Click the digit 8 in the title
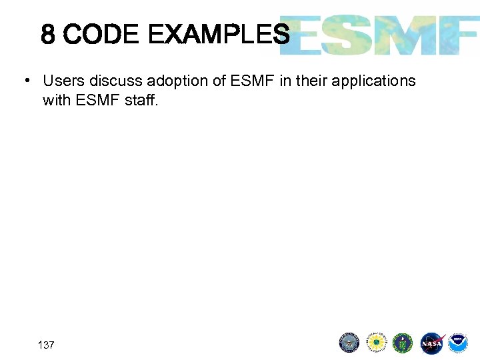click(47, 34)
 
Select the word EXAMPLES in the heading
click(219, 34)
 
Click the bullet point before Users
click(25, 81)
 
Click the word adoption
click(175, 81)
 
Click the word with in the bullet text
click(55, 100)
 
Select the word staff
click(141, 100)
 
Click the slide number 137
click(46, 345)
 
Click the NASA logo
click(431, 343)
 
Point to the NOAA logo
click(458, 343)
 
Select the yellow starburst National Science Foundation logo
click(376, 343)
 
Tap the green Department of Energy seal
click(403, 343)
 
